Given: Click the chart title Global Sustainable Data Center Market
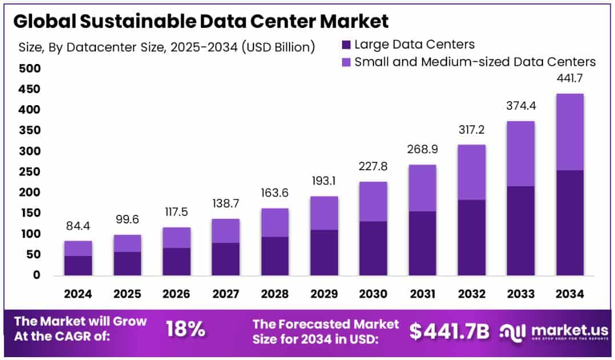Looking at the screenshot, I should pos(200,21).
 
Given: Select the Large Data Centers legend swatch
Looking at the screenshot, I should pos(345,45).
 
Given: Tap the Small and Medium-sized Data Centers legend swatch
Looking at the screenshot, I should pos(345,62).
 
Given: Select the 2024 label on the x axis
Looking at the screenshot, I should pos(78,294).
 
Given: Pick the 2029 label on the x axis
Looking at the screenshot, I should pos(323,294).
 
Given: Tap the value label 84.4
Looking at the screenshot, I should pos(78,226).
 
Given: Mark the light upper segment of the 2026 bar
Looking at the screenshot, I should pos(176,238).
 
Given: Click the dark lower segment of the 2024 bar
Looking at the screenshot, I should pos(78,266).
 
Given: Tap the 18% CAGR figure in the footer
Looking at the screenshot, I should pos(186,329).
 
